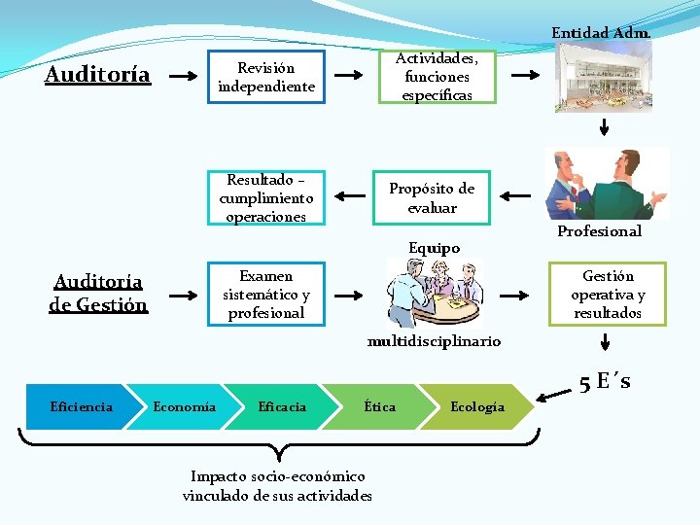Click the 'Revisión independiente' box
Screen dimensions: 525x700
pyautogui.click(x=266, y=77)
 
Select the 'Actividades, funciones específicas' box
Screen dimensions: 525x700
pyautogui.click(x=437, y=77)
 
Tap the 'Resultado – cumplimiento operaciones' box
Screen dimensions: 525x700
pyautogui.click(x=266, y=197)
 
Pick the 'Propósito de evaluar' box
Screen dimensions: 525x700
pyautogui.click(x=432, y=197)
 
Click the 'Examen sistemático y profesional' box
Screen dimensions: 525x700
pyautogui.click(x=266, y=294)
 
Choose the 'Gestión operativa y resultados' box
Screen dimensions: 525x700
pyautogui.click(x=608, y=294)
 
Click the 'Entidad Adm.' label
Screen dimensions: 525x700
pyautogui.click(x=601, y=33)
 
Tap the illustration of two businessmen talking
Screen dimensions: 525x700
pyautogui.click(x=608, y=184)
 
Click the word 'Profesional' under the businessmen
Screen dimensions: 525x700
pyautogui.click(x=599, y=231)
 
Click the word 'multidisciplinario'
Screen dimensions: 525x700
pyautogui.click(x=434, y=341)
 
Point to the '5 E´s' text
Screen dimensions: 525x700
pyautogui.click(x=605, y=382)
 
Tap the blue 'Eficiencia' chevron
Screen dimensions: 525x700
pyautogui.click(x=82, y=406)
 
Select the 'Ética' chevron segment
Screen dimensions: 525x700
pyautogui.click(x=380, y=406)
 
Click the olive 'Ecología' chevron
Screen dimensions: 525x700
pyautogui.click(x=477, y=406)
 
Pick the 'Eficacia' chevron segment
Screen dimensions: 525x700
pyautogui.click(x=283, y=406)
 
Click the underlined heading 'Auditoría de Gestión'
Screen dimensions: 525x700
pyautogui.click(x=98, y=293)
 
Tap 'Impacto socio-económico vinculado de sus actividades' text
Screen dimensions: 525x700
pyautogui.click(x=277, y=486)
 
